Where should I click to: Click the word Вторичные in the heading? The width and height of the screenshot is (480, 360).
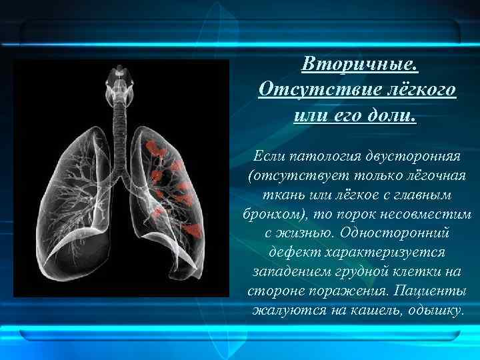359,65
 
